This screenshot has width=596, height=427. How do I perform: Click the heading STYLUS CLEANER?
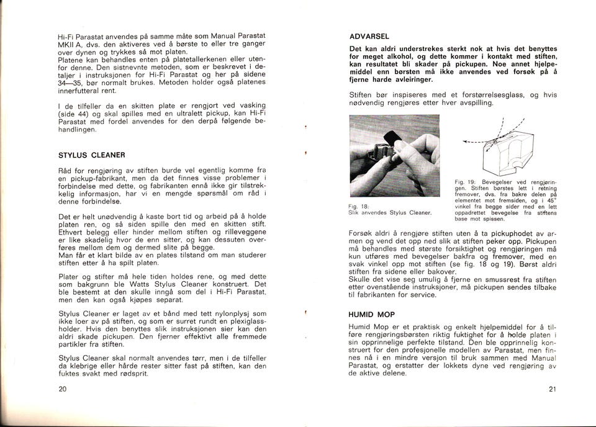(x=91, y=154)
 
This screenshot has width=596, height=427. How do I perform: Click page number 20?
(x=62, y=389)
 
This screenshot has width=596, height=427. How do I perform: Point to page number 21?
(x=553, y=389)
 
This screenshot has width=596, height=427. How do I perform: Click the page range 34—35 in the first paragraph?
(x=67, y=81)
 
